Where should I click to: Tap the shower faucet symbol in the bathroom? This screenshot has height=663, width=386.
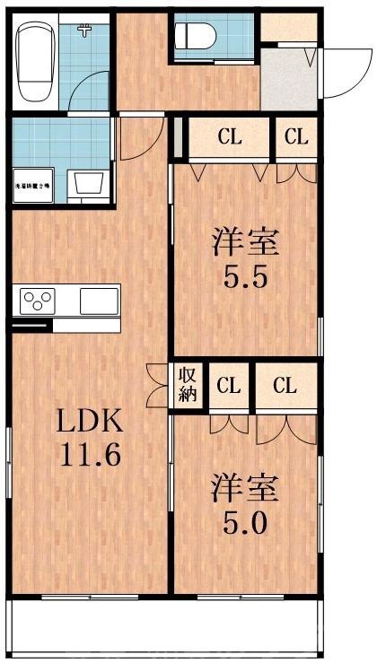pos(85,32)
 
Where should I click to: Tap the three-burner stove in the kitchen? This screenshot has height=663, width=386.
pos(39,301)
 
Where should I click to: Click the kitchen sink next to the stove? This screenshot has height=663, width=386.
pos(99,301)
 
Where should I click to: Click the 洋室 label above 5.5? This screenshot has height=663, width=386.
pos(244,241)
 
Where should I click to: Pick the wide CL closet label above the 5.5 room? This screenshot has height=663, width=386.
pos(230,138)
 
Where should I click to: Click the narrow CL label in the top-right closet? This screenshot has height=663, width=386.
pos(296,138)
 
